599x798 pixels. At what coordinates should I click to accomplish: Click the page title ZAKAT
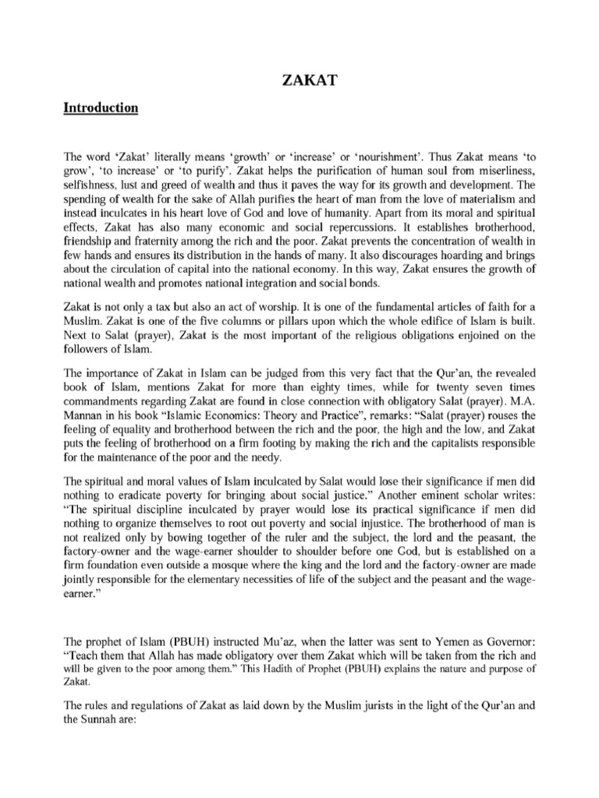tap(299, 78)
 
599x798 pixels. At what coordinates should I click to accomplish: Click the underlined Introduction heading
tap(100, 108)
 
